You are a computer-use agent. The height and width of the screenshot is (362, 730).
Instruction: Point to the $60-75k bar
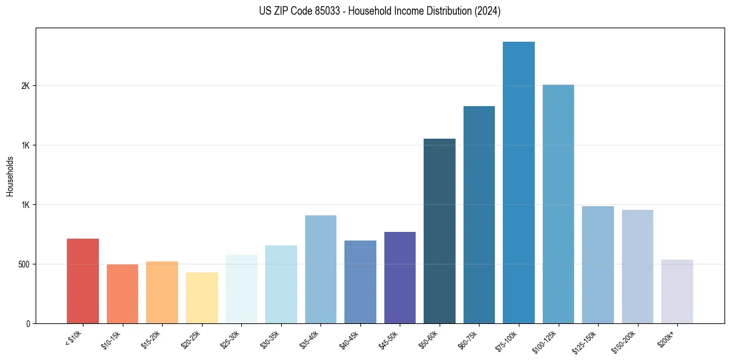pyautogui.click(x=479, y=215)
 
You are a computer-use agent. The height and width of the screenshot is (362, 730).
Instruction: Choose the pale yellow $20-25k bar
pyautogui.click(x=201, y=298)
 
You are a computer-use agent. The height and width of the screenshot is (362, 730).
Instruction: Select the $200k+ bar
pyautogui.click(x=677, y=291)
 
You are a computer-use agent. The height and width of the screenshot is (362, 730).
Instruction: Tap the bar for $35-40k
pyautogui.click(x=320, y=269)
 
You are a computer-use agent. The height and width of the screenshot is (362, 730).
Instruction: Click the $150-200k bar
pyautogui.click(x=637, y=266)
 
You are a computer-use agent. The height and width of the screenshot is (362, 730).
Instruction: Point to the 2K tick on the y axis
pyautogui.click(x=25, y=86)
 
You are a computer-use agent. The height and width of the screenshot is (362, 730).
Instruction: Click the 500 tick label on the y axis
pyautogui.click(x=23, y=264)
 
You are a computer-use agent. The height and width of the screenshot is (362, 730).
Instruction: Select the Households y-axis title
pyautogui.click(x=10, y=176)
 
